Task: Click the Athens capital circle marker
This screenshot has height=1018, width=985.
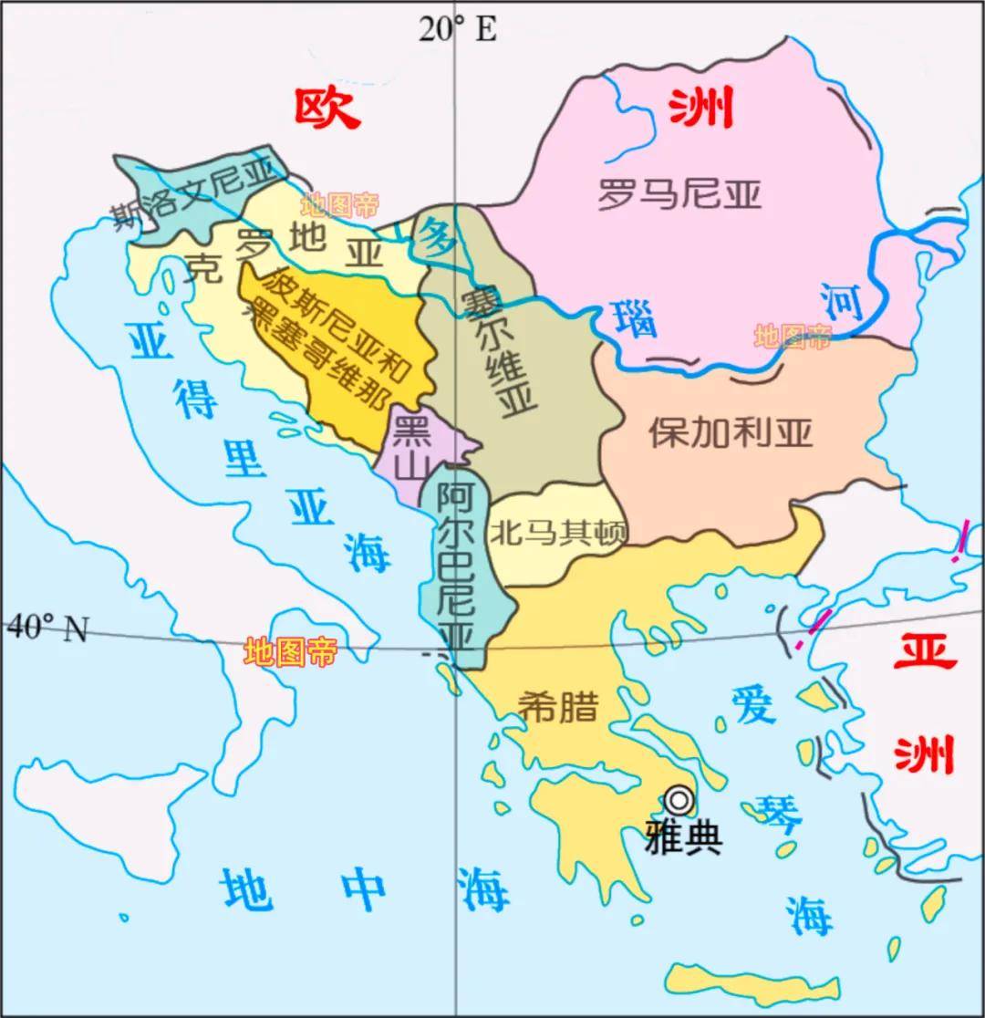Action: (678, 800)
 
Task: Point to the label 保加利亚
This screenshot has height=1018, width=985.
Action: (730, 432)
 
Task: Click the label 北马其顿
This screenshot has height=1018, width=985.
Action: (558, 531)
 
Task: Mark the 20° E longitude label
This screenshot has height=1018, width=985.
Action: (458, 29)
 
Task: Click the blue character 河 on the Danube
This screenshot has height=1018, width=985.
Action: (840, 302)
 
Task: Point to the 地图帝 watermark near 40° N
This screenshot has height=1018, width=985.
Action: (291, 652)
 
